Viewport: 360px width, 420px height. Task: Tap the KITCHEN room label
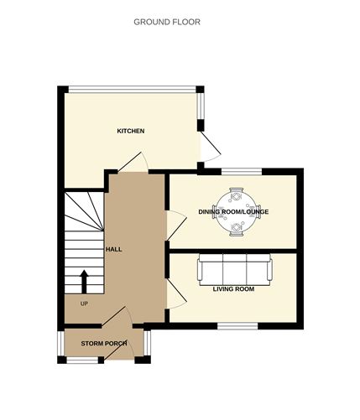click(x=131, y=131)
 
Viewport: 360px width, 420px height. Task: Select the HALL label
click(x=114, y=250)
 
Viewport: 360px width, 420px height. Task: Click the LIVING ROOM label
click(x=233, y=288)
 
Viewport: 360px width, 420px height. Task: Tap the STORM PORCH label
click(x=103, y=345)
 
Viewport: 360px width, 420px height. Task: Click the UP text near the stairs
click(x=83, y=303)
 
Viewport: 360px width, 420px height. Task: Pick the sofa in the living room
click(x=234, y=270)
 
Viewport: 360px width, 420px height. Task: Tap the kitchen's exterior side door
click(x=211, y=148)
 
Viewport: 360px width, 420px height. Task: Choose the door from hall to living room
click(x=175, y=293)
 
